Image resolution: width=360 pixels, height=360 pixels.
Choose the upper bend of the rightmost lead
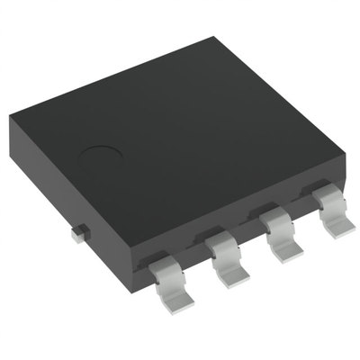tap(321, 199)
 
